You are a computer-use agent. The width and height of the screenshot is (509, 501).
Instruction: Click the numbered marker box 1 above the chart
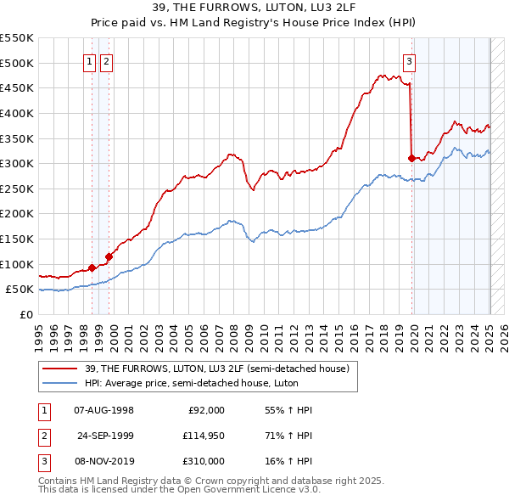pyautogui.click(x=89, y=60)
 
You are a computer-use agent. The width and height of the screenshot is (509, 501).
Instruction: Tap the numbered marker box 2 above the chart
pyautogui.click(x=106, y=60)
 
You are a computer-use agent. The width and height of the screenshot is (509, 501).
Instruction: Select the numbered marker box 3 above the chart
pyautogui.click(x=409, y=60)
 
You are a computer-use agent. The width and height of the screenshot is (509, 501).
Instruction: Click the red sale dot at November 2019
pyautogui.click(x=411, y=158)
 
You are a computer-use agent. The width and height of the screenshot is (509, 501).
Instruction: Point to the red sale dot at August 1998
pyautogui.click(x=92, y=267)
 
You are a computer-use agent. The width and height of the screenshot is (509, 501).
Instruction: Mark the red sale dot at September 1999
pyautogui.click(x=109, y=256)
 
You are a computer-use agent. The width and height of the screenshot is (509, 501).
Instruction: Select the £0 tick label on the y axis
pyautogui.click(x=25, y=314)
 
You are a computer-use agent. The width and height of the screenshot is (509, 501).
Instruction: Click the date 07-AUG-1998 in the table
pyautogui.click(x=103, y=410)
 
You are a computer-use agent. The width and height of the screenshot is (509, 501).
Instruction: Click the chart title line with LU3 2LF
pyautogui.click(x=255, y=9)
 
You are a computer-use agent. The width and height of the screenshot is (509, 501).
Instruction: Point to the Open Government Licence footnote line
pyautogui.click(x=178, y=490)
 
